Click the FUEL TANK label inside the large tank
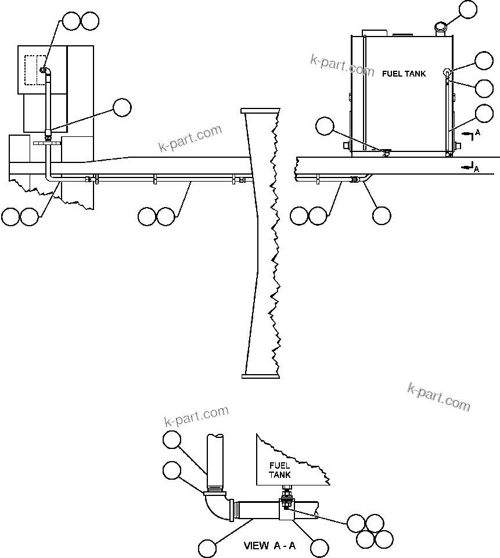pos(404,74)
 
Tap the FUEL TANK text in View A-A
pos(279,470)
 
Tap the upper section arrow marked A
pos(469,134)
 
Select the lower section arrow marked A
pos(469,167)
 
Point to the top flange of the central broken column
pos(260,111)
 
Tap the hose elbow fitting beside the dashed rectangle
pos(45,71)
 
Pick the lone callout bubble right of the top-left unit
pos(122,107)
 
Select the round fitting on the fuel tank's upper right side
pos(448,73)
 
